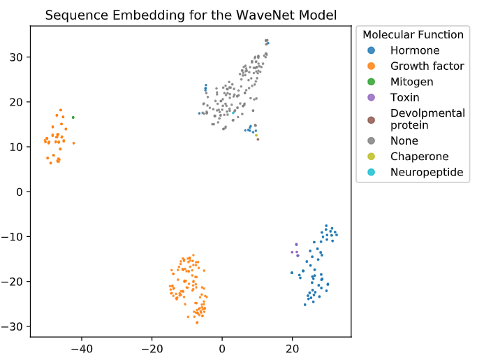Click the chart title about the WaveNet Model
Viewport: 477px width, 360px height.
[190, 15]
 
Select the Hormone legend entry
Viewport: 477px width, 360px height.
[414, 50]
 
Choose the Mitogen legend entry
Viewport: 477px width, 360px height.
[411, 81]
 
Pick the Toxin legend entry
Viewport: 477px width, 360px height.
[405, 96]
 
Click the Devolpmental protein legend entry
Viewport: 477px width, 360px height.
[427, 119]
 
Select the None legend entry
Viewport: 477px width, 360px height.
[404, 141]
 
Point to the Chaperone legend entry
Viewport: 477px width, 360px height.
[419, 157]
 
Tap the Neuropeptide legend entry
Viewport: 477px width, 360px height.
[426, 172]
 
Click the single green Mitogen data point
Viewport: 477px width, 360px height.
[73, 117]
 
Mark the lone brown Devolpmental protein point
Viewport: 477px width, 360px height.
[258, 139]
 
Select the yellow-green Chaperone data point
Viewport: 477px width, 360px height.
[256, 135]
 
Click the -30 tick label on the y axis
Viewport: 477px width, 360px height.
[14, 326]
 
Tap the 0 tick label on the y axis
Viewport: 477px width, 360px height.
[20, 192]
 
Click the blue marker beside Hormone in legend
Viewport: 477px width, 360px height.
[371, 50]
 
